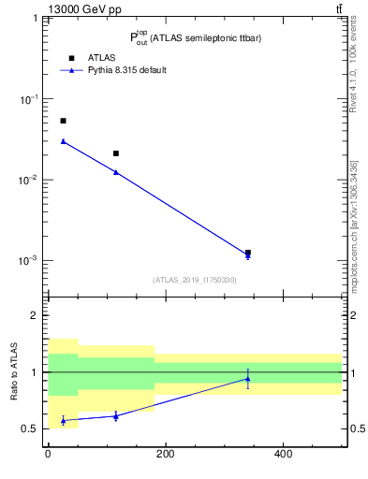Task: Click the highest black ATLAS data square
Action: tap(63, 121)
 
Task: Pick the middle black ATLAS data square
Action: tap(115, 153)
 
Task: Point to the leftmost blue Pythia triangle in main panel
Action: tap(63, 141)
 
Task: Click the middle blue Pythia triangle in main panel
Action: tap(115, 172)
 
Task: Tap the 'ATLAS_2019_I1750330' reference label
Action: tap(195, 280)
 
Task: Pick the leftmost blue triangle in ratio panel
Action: tap(63, 421)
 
